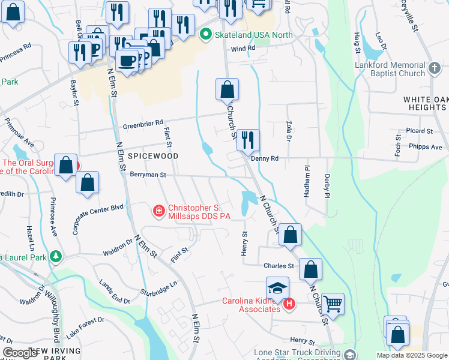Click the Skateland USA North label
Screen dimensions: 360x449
pos(255,35)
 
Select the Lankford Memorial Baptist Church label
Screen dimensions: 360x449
pos(390,69)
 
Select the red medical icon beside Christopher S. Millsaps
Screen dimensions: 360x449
pos(158,211)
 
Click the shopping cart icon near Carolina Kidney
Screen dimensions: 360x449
pos(333,303)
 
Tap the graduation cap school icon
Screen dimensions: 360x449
pos(278,287)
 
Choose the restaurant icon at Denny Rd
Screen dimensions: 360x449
pos(248,140)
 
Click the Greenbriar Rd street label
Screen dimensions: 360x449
pos(143,124)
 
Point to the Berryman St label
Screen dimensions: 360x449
pos(147,174)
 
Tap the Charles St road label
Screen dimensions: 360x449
pos(279,265)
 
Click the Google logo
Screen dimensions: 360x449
pos(21,353)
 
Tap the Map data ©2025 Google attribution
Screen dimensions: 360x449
pos(411,355)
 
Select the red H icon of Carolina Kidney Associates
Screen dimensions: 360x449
pos(289,304)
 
